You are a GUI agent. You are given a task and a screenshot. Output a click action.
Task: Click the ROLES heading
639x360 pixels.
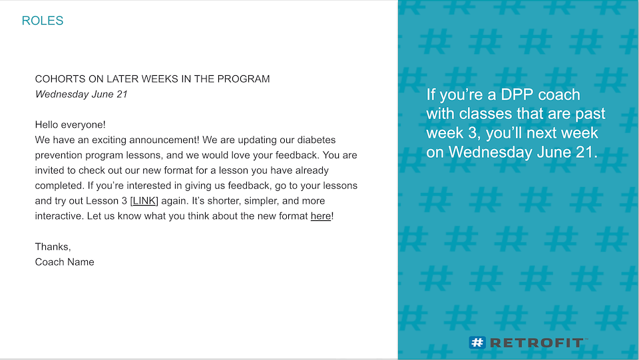click(x=43, y=21)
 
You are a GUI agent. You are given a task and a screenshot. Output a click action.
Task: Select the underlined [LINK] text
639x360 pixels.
click(x=144, y=201)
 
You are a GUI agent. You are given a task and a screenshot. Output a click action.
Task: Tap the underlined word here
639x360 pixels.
click(x=321, y=216)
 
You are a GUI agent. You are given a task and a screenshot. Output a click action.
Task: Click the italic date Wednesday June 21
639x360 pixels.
click(x=81, y=94)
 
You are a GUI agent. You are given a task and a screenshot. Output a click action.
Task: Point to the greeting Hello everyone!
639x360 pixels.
click(x=70, y=124)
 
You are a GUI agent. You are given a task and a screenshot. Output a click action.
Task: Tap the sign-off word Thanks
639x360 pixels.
click(x=53, y=247)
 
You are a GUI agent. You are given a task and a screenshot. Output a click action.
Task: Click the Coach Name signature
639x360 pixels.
click(x=65, y=262)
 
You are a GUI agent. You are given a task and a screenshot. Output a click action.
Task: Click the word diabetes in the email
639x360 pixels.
click(x=316, y=140)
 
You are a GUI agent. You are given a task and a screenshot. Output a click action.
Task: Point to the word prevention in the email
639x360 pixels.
click(x=58, y=155)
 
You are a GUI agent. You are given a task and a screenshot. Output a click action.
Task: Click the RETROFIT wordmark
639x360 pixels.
click(x=536, y=343)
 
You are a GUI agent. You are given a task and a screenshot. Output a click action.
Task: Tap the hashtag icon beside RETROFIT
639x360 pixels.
click(x=477, y=343)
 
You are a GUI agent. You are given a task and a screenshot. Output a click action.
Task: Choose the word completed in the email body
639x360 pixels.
click(x=59, y=186)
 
